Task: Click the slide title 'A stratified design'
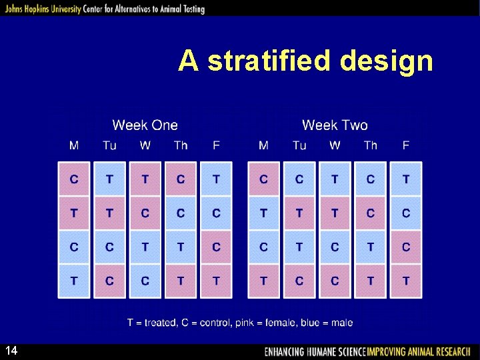pos(305,61)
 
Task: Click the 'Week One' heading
pos(145,125)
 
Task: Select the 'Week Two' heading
pos(335,125)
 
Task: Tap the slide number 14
pos(11,351)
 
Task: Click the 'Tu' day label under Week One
pos(109,145)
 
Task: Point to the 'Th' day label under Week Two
pos(371,145)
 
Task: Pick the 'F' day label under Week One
pos(216,145)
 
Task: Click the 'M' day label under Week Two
pos(263,145)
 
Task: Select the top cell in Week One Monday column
pos(74,179)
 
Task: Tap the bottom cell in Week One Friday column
pos(216,281)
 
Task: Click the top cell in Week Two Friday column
pos(406,179)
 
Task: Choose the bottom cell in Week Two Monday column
pos(263,281)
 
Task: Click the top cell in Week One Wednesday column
pos(145,179)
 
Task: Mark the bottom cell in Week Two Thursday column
pos(371,281)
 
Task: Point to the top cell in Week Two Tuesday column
pos(299,179)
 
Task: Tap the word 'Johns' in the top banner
pos(14,9)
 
